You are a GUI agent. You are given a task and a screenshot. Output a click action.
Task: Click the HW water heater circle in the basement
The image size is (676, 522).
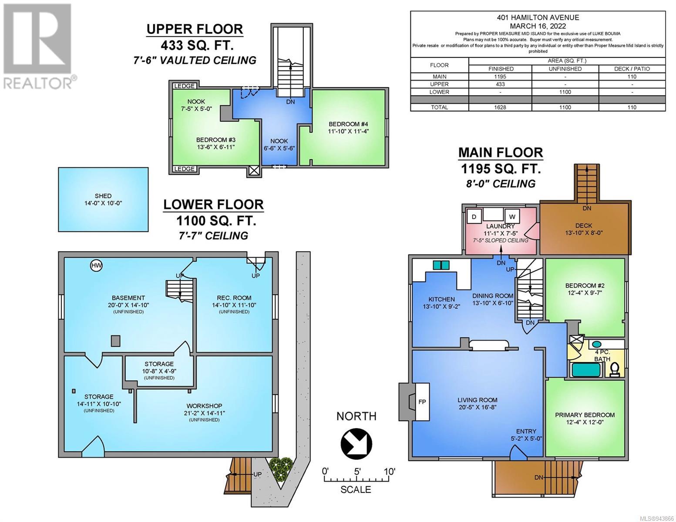click(x=96, y=265)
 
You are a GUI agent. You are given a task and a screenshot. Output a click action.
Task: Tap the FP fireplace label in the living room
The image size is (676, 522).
click(x=422, y=402)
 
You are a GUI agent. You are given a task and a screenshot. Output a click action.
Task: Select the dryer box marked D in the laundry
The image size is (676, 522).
click(x=474, y=217)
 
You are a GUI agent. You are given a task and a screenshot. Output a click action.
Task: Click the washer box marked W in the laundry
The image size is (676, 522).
click(x=512, y=217)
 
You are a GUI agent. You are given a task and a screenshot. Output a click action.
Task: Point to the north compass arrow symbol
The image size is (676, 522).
click(x=356, y=443)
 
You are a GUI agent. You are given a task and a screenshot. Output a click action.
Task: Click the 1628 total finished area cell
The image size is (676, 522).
click(x=501, y=107)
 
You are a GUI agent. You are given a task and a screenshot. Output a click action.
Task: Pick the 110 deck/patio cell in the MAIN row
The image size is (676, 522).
click(x=632, y=77)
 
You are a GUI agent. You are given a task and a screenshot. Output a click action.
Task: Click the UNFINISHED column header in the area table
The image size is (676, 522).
click(x=565, y=69)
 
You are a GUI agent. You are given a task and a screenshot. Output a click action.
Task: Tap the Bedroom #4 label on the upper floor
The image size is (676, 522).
click(x=348, y=124)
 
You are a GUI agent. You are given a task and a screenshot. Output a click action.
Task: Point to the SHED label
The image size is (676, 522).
click(x=103, y=196)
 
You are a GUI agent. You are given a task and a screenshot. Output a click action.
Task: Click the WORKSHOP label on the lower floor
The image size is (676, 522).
click(x=204, y=406)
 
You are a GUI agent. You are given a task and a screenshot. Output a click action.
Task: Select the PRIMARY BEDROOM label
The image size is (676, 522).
click(x=585, y=415)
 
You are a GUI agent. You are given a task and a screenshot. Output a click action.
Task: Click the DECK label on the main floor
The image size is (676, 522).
click(x=584, y=225)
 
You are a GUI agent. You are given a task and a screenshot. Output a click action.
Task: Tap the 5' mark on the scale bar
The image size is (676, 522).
click(x=357, y=472)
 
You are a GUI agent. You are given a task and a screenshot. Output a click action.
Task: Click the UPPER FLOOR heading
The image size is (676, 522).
click(x=195, y=29)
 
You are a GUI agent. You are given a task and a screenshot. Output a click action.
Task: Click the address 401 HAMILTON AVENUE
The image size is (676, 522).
click(x=538, y=18)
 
